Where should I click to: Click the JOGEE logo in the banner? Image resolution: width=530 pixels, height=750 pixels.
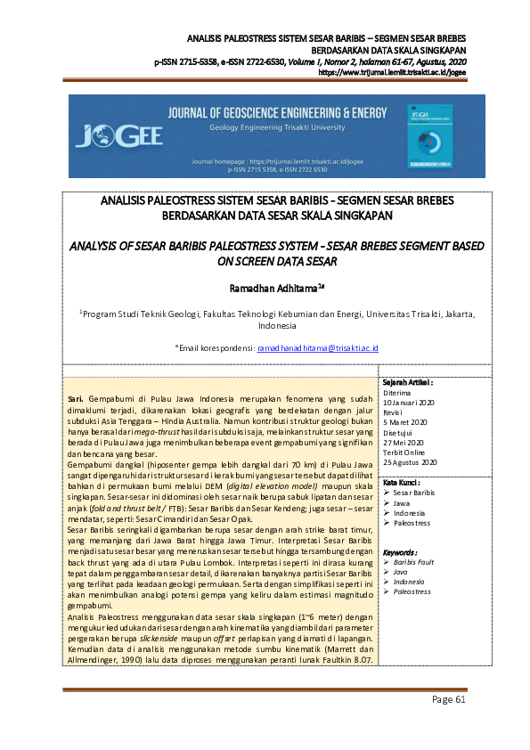click(x=106, y=135)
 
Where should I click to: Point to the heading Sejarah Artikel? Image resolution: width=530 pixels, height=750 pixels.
click(x=407, y=382)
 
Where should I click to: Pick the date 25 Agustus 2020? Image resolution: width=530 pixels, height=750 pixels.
click(x=411, y=462)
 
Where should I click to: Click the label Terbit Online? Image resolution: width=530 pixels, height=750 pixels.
click(x=405, y=452)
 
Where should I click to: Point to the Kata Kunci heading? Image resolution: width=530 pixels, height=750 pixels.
click(x=403, y=481)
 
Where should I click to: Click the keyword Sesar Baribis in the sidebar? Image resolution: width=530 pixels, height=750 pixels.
click(x=413, y=492)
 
